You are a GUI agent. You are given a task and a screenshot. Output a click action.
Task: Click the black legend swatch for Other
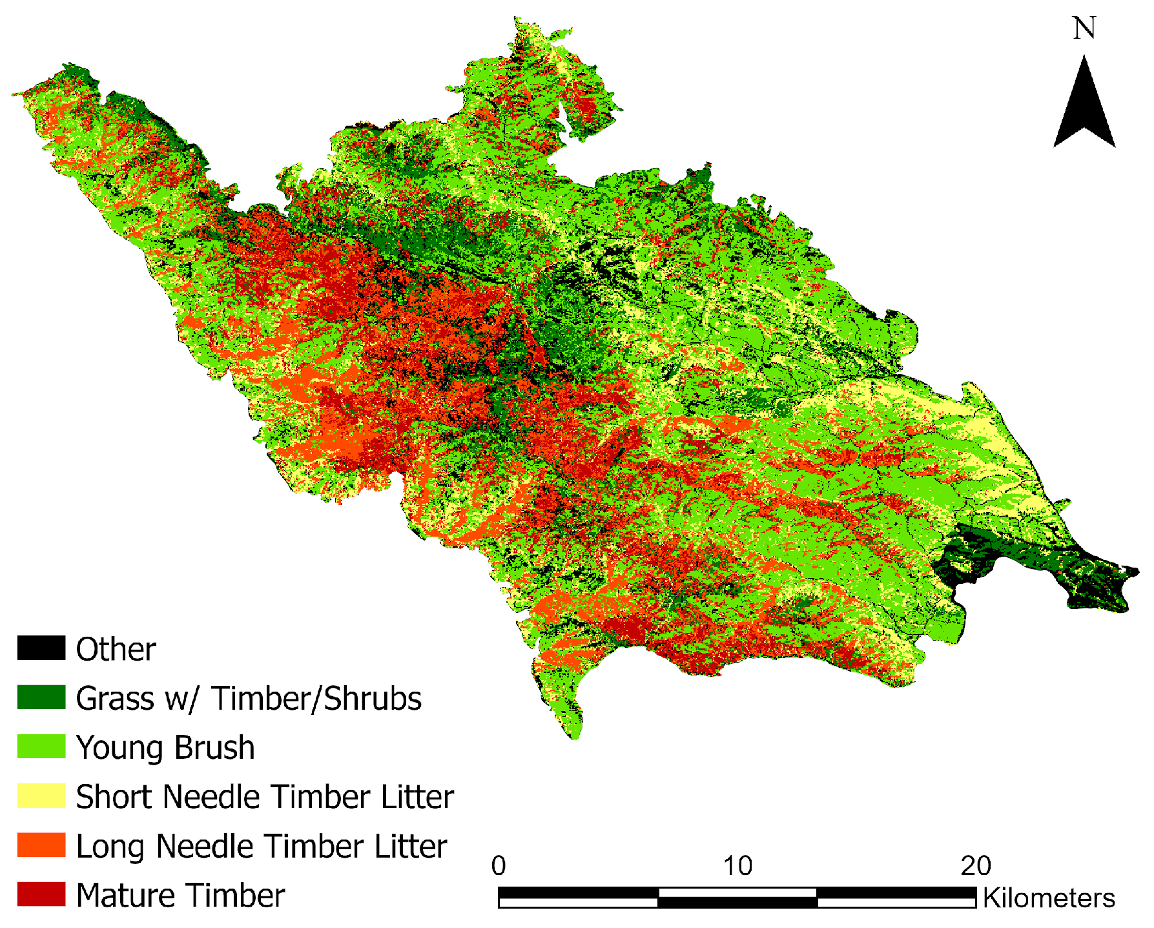(41, 648)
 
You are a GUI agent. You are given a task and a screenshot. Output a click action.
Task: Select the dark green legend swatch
(41, 697)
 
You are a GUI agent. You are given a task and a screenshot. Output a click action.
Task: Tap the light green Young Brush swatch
(41, 747)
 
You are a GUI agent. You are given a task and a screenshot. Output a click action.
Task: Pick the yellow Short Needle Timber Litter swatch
(41, 796)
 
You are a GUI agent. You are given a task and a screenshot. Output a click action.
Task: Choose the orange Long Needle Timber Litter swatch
(41, 845)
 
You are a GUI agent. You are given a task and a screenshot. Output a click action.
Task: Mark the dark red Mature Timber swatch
(41, 894)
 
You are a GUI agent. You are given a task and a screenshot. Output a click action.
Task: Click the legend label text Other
(116, 649)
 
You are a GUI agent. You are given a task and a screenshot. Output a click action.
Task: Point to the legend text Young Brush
(165, 748)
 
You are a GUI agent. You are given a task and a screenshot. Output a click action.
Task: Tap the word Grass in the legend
(114, 699)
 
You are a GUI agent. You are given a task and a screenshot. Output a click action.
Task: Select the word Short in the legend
(116, 797)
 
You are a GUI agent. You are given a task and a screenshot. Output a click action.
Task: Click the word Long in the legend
(111, 847)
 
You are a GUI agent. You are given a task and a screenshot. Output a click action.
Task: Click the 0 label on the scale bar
(499, 866)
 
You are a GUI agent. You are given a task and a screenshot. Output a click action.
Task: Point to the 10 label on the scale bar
(737, 866)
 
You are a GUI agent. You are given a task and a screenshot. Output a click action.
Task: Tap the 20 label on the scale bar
(976, 866)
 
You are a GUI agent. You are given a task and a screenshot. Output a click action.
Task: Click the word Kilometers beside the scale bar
(1049, 898)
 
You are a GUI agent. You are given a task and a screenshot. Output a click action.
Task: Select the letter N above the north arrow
(1084, 28)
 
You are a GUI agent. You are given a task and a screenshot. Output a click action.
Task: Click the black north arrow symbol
(1084, 107)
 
